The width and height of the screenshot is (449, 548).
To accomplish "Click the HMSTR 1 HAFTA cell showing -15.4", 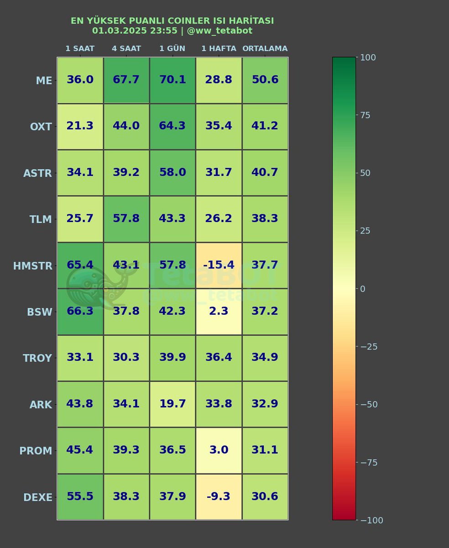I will pos(219,265).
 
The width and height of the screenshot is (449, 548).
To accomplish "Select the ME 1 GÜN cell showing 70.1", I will pos(172,80).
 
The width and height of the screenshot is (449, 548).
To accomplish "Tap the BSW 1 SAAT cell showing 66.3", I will pos(80,311).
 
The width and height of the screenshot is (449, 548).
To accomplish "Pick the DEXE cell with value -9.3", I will pos(219,496).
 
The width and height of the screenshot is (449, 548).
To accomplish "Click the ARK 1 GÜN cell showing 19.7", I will pos(172,404).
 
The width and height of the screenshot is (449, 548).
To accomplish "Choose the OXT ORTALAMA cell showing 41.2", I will pos(265,126).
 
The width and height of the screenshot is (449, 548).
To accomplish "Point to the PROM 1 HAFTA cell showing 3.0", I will pos(219,450).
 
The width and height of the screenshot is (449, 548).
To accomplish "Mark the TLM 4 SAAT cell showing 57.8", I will pos(126,219).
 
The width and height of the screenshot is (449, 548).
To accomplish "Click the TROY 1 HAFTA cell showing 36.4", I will pos(219,358).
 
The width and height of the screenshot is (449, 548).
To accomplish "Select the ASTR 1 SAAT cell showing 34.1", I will pos(80,173).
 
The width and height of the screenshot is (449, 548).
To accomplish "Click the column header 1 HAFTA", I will pos(219,48).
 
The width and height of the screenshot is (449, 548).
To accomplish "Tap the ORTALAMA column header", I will pos(265,48).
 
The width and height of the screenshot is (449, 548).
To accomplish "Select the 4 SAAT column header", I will pos(126,48).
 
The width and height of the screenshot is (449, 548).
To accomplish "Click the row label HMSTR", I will pos(32,266).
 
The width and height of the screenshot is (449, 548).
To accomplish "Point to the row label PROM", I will pos(36,451).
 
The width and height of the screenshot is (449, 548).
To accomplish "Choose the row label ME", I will pos(44,81).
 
